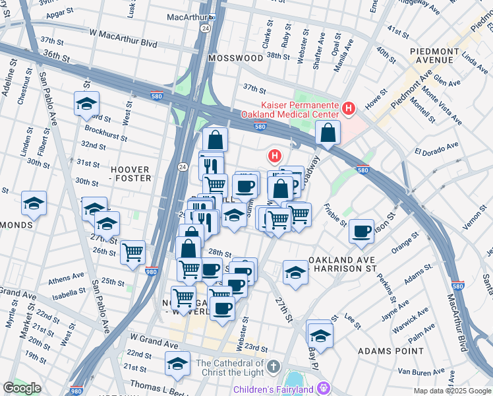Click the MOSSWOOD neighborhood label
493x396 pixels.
pyautogui.click(x=235, y=58)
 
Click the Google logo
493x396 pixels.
pyautogui.click(x=22, y=388)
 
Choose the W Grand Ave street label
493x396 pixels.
pyautogui.click(x=153, y=345)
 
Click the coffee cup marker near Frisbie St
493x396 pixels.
pyautogui.click(x=361, y=230)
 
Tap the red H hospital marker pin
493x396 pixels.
pyautogui.click(x=274, y=156)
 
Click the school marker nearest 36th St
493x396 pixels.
pyautogui.click(x=86, y=104)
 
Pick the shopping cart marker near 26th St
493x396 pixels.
pyautogui.click(x=133, y=251)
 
